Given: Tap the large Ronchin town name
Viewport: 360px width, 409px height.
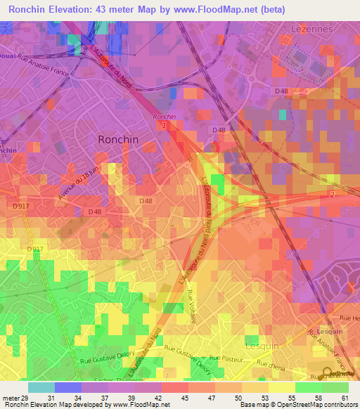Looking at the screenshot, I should click(118, 140).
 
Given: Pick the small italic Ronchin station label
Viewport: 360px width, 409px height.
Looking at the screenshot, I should click(164, 117).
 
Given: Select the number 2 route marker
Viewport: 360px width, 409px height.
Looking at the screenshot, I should click(332, 193).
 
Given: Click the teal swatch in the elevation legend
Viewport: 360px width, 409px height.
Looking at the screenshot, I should click(41, 387).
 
